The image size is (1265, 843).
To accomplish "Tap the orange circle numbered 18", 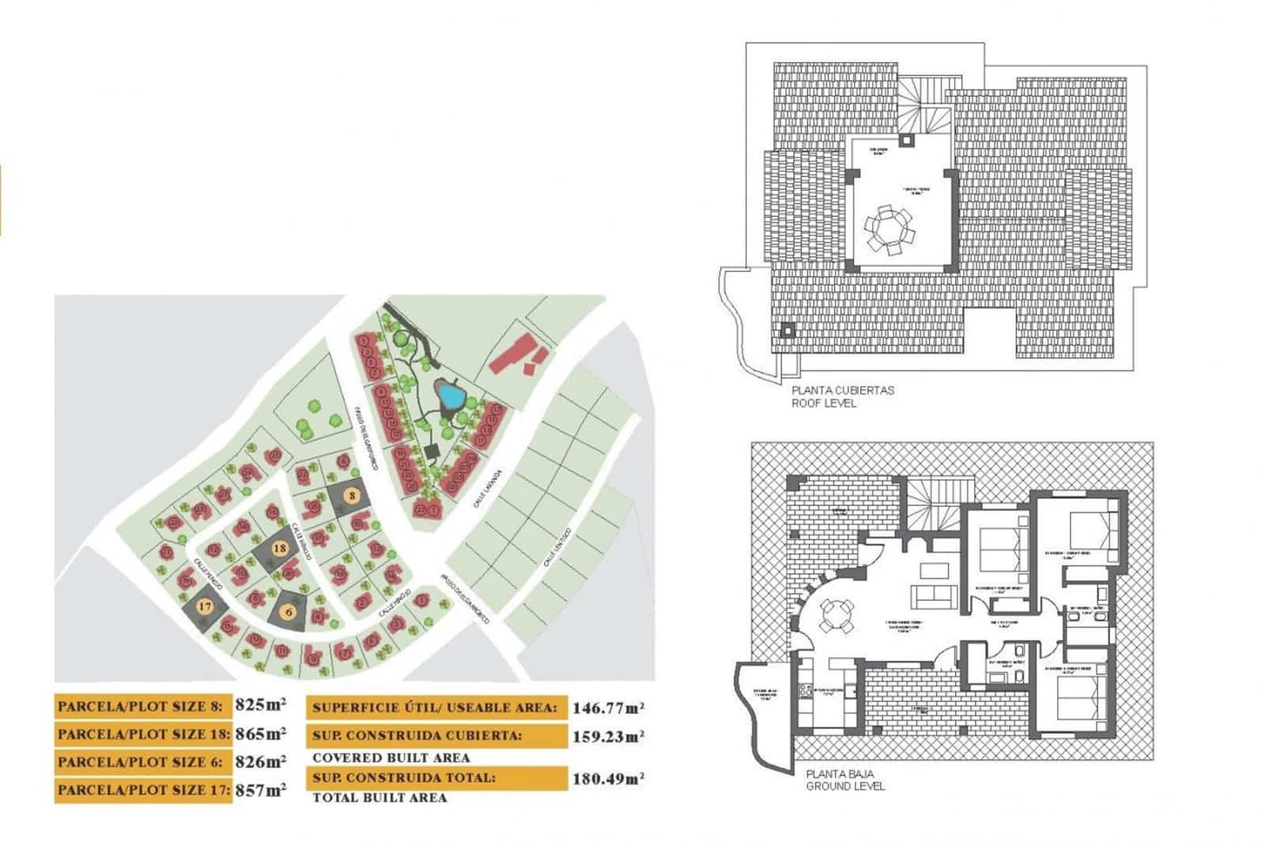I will tap(279, 547).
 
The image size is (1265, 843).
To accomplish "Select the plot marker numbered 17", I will tap(206, 607).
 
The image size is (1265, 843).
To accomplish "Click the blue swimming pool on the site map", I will tap(451, 393).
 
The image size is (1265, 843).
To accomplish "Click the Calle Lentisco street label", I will tap(560, 547).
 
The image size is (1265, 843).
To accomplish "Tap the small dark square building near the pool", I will tap(431, 452).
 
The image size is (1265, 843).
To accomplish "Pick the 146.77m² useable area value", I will tap(607, 708).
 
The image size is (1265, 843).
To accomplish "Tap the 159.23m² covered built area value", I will tap(607, 736).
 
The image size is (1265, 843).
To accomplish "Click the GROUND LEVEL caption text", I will tap(845, 786).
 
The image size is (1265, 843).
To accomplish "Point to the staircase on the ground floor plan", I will tap(933, 507).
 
